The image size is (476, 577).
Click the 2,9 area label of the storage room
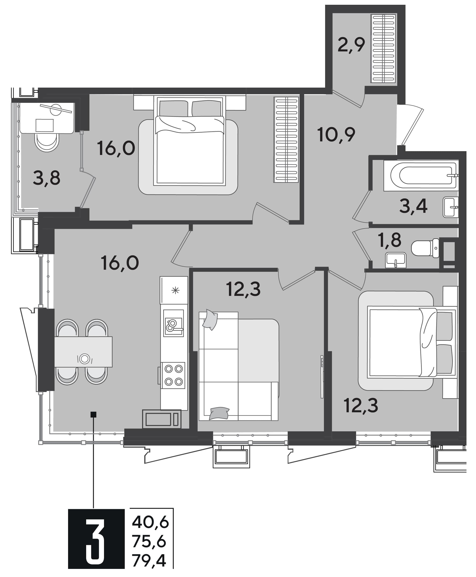tap(351, 45)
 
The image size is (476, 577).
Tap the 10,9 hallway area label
tap(336, 135)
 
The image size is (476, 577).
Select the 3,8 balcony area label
tap(47, 178)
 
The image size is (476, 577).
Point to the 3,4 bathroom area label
tap(413, 206)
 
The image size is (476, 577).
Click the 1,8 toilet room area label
tap(389, 240)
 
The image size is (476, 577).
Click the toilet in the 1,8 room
tap(425, 248)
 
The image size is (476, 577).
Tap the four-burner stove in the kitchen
tap(173, 375)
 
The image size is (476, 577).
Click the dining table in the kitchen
tap(83, 352)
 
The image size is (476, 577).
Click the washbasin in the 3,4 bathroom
tap(451, 207)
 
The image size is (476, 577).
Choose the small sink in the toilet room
tap(396, 260)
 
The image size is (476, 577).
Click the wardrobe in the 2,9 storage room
tap(384, 49)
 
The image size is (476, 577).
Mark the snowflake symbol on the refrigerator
tap(175, 290)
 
